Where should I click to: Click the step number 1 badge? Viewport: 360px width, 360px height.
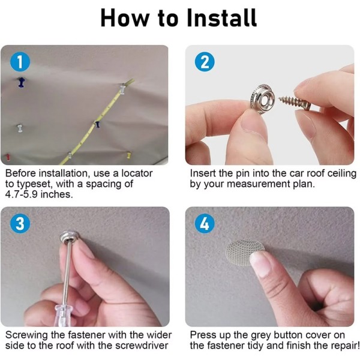tap(20, 62)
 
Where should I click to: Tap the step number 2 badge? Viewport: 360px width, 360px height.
tap(205, 62)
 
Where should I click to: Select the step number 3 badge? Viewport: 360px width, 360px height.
tap(20, 223)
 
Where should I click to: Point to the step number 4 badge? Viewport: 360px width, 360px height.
tap(205, 223)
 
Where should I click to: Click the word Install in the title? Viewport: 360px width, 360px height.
tap(222, 17)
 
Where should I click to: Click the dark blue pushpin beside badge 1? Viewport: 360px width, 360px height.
tap(22, 82)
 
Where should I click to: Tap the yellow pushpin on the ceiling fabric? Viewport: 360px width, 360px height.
tap(129, 155)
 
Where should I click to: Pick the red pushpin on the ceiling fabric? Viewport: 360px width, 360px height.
tap(8, 157)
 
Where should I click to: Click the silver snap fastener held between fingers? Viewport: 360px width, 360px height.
tap(262, 98)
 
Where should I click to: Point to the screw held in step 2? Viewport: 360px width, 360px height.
tap(295, 102)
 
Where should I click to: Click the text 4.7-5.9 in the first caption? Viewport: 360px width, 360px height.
tap(22, 194)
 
